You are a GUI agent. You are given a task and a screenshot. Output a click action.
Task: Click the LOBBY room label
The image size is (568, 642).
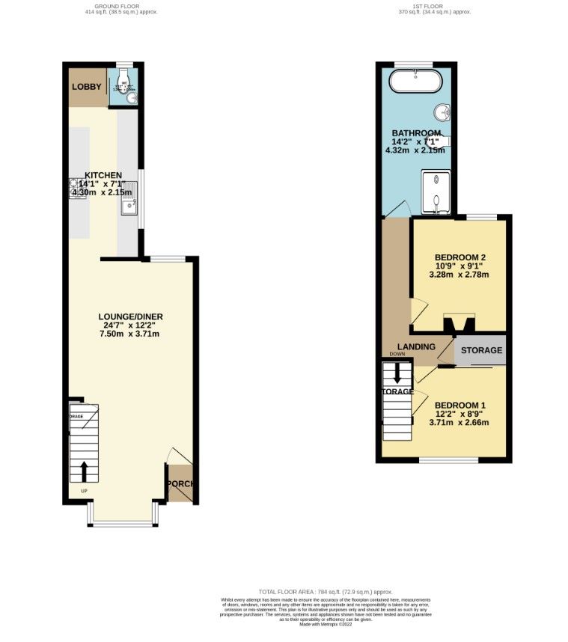tap(86, 87)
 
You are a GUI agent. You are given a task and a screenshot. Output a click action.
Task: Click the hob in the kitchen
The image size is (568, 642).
tap(78, 186)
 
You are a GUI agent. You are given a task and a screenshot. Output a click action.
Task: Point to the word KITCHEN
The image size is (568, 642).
tap(103, 175)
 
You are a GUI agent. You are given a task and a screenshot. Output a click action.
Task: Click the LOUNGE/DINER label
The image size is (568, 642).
tap(131, 317)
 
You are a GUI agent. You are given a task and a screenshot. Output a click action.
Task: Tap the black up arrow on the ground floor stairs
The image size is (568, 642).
tap(83, 472)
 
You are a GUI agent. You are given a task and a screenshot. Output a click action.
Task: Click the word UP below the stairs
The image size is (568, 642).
tap(84, 492)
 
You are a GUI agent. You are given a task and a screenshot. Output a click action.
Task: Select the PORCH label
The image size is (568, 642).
tap(180, 483)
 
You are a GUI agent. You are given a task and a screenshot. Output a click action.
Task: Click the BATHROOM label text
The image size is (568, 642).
tap(416, 133)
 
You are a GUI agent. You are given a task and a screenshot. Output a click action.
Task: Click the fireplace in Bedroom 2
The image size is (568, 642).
tap(459, 322)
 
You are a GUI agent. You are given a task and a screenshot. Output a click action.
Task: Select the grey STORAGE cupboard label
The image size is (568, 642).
tap(480, 350)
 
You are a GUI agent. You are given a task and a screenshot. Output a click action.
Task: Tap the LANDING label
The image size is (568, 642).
tap(417, 346)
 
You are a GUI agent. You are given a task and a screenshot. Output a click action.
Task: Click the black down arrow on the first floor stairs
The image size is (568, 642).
tap(397, 373)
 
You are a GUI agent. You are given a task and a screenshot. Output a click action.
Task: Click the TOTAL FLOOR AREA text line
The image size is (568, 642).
tap(325, 592)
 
